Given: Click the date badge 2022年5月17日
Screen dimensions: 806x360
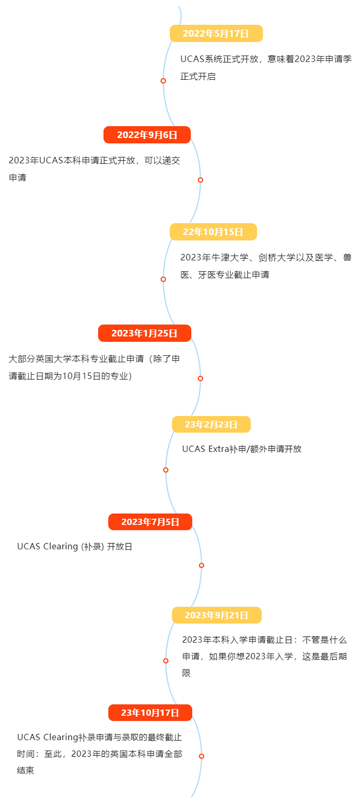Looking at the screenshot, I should (x=216, y=33).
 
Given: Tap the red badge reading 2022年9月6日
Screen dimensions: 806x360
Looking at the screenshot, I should (x=147, y=135).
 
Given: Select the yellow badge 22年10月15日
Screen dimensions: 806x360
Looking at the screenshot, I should (x=213, y=232).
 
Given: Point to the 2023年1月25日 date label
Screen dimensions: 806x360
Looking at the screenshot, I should (x=144, y=333).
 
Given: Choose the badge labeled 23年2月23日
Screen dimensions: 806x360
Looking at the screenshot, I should (x=211, y=424).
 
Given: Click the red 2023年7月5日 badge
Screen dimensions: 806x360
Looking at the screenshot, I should (x=150, y=522).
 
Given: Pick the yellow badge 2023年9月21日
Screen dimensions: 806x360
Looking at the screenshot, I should (x=217, y=615).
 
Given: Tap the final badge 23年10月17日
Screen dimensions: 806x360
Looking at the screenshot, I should (x=150, y=713).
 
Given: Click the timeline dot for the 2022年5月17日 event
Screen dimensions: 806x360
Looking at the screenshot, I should (x=163, y=81).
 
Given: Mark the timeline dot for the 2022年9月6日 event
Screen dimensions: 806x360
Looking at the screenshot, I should (x=200, y=180).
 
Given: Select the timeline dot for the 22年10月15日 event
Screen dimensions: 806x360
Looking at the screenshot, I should (x=163, y=279).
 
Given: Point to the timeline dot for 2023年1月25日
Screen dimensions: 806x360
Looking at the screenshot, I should (x=200, y=378).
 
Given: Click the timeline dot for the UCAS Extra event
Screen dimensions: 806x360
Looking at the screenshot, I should (x=165, y=470).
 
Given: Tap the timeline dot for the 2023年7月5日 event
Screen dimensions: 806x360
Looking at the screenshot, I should (x=202, y=566).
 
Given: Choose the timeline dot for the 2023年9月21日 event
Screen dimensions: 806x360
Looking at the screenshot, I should (x=165, y=660).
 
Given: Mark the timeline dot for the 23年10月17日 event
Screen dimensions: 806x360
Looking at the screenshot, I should (x=202, y=756).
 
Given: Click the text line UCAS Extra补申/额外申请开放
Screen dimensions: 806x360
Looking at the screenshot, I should (x=242, y=449).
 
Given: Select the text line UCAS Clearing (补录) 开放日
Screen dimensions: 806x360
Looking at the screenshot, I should (x=74, y=547).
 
